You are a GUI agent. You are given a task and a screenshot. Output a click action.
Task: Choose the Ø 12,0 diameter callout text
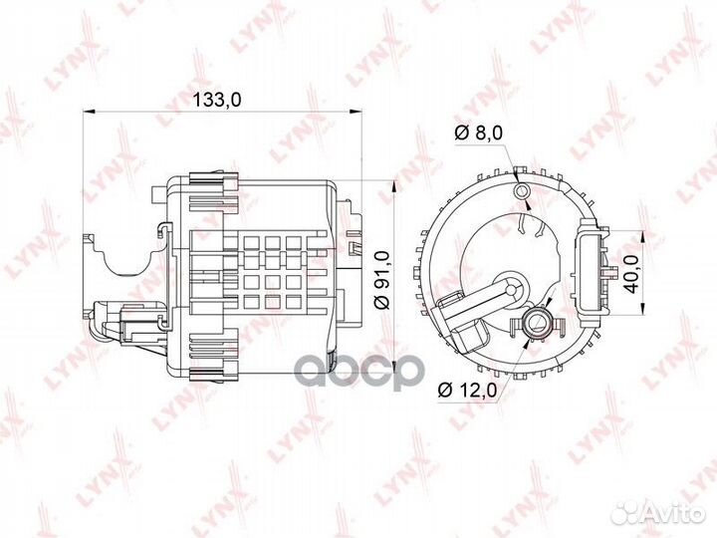[466, 391]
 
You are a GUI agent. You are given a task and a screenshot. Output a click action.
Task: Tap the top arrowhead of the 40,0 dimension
[647, 236]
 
